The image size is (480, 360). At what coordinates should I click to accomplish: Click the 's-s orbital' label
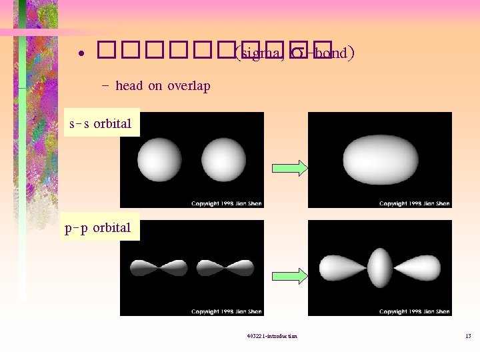[x=101, y=123]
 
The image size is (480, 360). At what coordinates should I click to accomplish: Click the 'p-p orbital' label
[x=98, y=228]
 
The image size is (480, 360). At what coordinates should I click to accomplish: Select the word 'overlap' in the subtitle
[x=189, y=86]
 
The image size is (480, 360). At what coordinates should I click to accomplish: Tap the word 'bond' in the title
[x=331, y=53]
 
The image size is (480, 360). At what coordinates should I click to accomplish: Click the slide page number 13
[x=468, y=336]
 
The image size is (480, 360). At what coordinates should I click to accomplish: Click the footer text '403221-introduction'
[x=271, y=336]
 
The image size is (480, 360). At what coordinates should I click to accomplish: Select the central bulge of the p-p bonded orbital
[x=380, y=268]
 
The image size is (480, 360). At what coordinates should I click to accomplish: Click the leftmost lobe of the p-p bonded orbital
[x=340, y=268]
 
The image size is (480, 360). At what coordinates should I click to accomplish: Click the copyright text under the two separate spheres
[x=227, y=203]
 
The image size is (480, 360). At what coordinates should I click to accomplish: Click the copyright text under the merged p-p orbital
[x=415, y=311]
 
